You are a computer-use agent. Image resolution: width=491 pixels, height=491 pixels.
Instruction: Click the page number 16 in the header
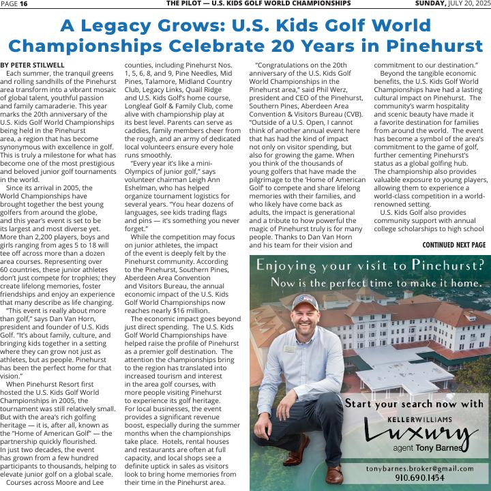coord(24,4)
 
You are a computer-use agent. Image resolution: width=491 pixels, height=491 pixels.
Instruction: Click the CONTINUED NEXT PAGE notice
coord(453,245)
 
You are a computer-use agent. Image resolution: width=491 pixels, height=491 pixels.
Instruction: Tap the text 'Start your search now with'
coord(414,404)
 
